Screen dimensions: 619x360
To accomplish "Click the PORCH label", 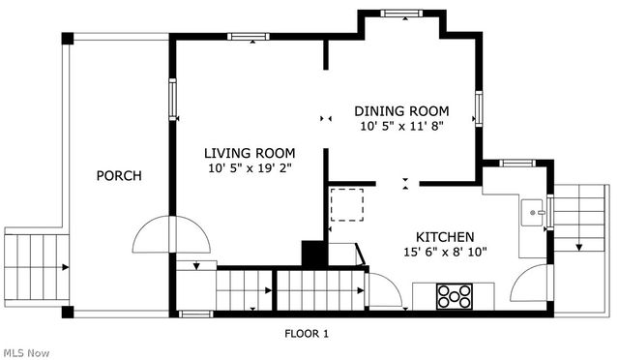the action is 119,175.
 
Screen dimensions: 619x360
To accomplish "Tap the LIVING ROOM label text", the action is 250,153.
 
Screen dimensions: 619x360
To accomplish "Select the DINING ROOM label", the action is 401,111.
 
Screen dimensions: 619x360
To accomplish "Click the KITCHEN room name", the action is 445,237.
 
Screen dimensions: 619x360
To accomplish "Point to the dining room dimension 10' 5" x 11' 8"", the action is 402,127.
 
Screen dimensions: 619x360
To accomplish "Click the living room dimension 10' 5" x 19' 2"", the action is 250,168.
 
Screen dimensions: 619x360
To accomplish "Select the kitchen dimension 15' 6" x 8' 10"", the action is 445,252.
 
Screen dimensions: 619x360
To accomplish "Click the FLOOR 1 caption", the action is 307,334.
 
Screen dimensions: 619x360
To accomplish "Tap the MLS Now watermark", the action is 27,353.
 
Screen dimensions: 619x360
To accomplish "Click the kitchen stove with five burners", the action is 455,296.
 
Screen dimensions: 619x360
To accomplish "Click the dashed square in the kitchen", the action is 347,205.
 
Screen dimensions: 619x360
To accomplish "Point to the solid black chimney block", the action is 314,253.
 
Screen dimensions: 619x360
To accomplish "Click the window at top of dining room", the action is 401,14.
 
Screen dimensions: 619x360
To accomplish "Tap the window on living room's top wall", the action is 249,37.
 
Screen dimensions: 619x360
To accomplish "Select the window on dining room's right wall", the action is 479,108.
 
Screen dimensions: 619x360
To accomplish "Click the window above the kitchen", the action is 517,163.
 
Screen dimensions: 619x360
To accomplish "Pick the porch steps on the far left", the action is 37,267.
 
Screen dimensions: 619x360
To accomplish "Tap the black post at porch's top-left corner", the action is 68,39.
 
